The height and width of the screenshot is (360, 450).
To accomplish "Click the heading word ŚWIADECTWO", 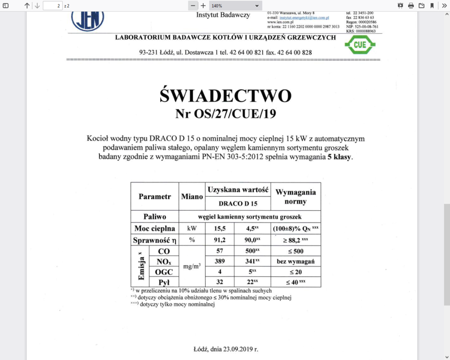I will pos(225,96).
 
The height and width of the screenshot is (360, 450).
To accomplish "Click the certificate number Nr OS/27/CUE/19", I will pos(225,114).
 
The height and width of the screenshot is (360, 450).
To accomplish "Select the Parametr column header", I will pos(155,197).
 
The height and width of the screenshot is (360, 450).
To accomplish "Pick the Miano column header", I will pos(192,197).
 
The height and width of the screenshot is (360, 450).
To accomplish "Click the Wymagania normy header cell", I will pos(296,197).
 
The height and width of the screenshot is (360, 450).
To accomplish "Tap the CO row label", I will pos(164,251).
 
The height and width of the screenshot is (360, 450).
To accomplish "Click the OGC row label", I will pos(164,272).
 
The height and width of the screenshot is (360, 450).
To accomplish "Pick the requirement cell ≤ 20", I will pos(296,272).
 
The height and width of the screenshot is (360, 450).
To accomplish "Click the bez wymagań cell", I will pos(296,261).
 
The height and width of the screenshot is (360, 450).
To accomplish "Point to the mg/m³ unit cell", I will pos(192,266).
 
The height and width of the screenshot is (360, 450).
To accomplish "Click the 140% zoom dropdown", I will pos(236,5).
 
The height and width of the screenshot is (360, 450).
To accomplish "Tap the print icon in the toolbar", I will pos(411,5).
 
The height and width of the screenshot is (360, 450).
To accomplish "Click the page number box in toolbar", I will pos(53,5).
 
